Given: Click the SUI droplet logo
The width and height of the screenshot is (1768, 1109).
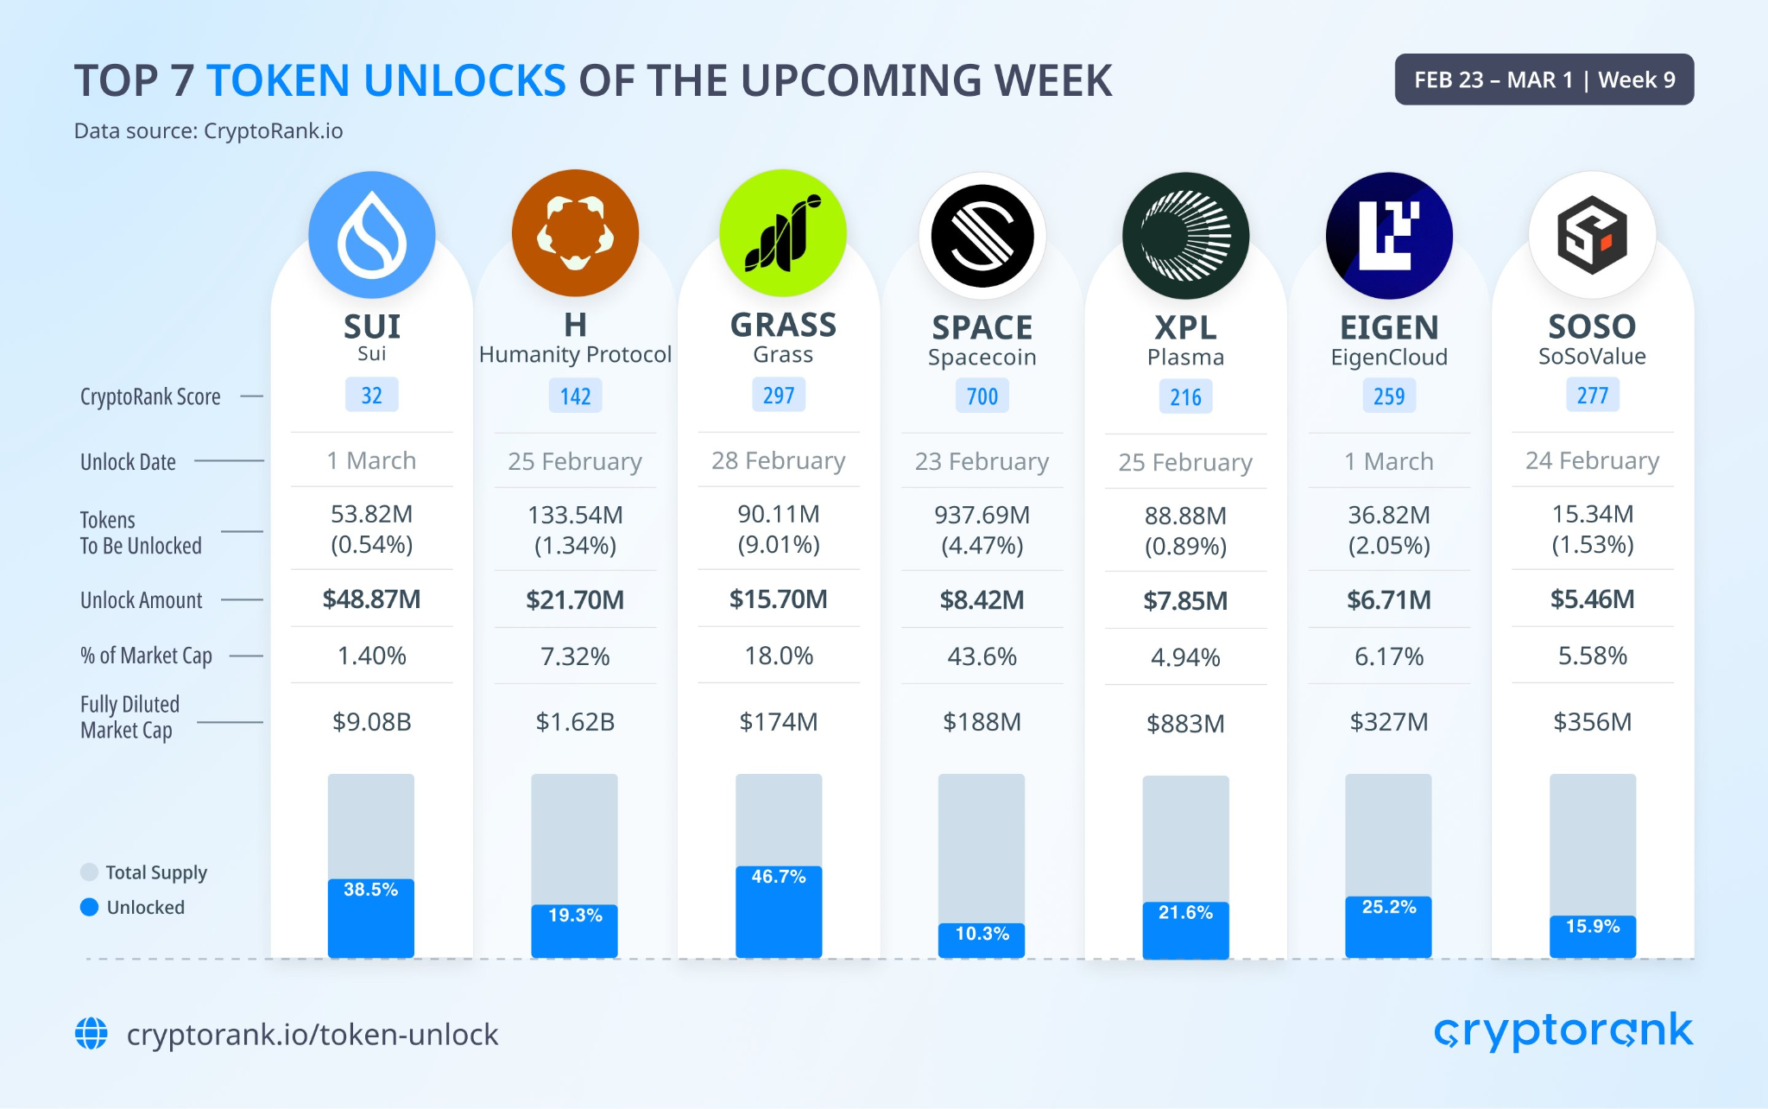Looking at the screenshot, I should click(371, 235).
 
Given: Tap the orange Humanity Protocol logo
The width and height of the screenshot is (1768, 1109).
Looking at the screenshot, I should click(575, 233).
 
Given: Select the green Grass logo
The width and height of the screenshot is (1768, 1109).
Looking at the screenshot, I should click(782, 233).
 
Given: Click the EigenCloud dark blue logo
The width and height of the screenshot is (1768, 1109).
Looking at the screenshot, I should click(1389, 235).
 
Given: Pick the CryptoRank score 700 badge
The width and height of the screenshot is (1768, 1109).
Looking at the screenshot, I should click(982, 396).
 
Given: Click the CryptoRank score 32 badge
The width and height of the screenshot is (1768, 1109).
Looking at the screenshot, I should click(371, 396).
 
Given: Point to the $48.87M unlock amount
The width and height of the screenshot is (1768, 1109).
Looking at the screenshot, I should click(371, 599).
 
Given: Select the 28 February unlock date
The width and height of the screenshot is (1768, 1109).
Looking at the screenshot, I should click(778, 460).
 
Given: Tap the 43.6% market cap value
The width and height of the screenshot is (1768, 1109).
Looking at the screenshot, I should click(982, 656).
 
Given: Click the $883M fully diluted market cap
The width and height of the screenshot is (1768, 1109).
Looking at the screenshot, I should click(1185, 723).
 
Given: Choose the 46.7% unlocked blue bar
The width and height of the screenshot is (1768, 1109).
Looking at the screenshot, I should click(778, 911).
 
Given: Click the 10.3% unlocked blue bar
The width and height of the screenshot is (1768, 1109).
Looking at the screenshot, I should click(982, 940).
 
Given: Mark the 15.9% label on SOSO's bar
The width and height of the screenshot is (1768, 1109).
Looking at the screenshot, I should click(1592, 927).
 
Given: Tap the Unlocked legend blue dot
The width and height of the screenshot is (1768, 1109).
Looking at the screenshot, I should click(89, 907).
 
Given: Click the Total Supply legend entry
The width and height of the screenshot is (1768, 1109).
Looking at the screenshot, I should click(143, 872).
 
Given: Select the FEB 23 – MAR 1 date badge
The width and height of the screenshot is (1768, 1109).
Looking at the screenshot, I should click(1544, 79).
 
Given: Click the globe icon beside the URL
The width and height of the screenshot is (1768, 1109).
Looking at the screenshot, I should click(92, 1033).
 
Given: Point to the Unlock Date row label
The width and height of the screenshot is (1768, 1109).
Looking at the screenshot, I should click(128, 462).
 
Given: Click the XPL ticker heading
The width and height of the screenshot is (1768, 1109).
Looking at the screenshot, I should click(1185, 327).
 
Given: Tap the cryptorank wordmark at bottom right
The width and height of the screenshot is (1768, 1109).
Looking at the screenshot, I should click(1563, 1031).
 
